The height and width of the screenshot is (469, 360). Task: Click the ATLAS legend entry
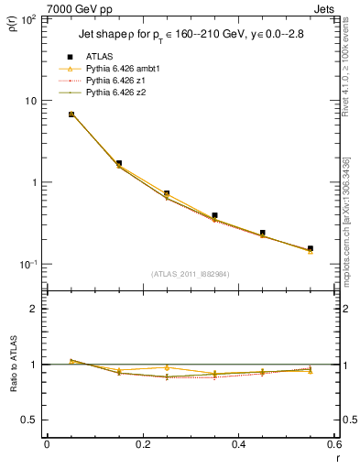pyautogui.click(x=99, y=58)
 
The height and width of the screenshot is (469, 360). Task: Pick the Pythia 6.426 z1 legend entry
pyautogui.click(x=116, y=81)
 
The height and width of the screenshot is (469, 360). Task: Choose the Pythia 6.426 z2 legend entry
pyautogui.click(x=116, y=93)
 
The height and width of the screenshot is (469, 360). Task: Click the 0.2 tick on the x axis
pyautogui.click(x=142, y=445)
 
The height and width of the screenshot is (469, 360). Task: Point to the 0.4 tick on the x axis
pyautogui.click(x=238, y=445)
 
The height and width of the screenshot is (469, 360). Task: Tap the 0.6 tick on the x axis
pyautogui.click(x=333, y=445)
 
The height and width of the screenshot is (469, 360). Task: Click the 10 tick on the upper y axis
pyautogui.click(x=34, y=101)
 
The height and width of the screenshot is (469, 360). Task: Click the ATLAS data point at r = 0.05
pyautogui.click(x=71, y=115)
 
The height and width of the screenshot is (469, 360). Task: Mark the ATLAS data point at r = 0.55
pyautogui.click(x=311, y=248)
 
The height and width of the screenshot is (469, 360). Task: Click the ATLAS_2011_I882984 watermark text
pyautogui.click(x=191, y=273)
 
